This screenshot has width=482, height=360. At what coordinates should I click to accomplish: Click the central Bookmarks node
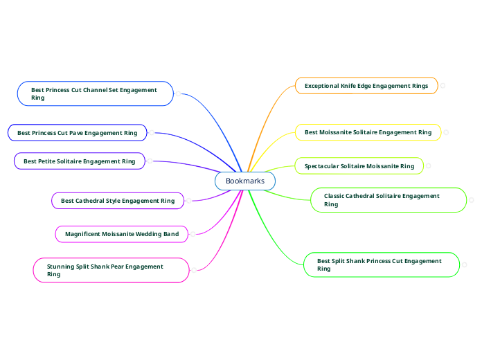point(244,181)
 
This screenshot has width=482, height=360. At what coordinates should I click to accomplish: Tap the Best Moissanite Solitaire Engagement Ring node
point(368,132)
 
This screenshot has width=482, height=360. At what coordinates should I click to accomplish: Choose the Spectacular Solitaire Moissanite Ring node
point(359,166)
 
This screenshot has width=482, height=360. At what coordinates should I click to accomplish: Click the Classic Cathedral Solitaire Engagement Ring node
point(388,200)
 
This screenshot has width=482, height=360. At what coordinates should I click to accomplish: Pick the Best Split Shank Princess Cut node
point(382,264)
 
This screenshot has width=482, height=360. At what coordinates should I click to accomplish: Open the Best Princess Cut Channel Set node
point(95,93)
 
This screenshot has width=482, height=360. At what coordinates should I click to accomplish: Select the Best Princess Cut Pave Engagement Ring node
point(77,132)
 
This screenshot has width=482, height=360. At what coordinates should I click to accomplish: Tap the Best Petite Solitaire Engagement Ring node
point(79,161)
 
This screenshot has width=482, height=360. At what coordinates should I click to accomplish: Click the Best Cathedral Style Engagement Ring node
point(118,201)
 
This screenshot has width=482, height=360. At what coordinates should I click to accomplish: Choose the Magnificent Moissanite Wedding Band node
point(121,234)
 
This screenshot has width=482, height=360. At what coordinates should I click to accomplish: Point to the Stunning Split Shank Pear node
point(111,270)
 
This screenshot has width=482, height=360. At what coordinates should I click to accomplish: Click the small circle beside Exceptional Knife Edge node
point(443,86)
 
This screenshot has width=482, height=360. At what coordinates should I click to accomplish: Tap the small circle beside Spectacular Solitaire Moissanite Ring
point(429,166)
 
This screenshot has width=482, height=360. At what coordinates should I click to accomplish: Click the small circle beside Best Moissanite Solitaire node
point(446,132)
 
